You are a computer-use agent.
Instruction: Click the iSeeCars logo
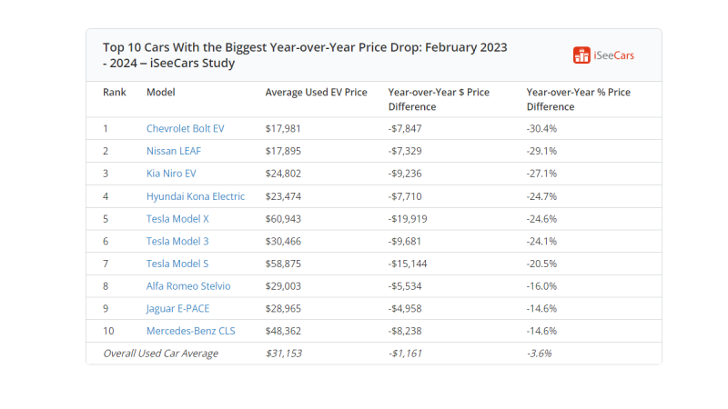[x=603, y=55]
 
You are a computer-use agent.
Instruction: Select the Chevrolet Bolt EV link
[x=185, y=128]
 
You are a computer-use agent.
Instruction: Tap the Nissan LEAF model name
[x=174, y=151]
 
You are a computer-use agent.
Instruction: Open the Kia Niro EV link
[x=171, y=174]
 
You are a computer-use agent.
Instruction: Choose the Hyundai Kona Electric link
[x=195, y=196]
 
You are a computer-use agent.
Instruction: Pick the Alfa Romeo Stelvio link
[x=187, y=286]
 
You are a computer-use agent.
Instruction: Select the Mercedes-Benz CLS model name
[x=190, y=331]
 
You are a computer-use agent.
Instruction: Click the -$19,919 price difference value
[x=408, y=219]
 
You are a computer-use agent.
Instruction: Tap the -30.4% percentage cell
[x=541, y=128]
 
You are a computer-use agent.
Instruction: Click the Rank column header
[x=114, y=93]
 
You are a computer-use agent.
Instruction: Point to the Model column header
[x=160, y=93]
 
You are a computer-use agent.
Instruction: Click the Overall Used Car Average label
[x=160, y=354]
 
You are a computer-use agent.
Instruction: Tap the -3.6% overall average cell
[x=539, y=354]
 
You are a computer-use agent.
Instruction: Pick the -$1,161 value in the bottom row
[x=405, y=354]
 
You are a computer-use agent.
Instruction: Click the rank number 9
[x=106, y=309]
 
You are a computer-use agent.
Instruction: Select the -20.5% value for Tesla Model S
[x=541, y=264]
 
